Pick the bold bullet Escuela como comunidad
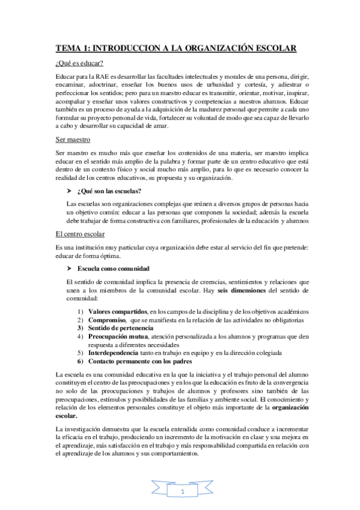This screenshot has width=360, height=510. click(117, 267)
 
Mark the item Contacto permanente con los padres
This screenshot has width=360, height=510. click(140, 362)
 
